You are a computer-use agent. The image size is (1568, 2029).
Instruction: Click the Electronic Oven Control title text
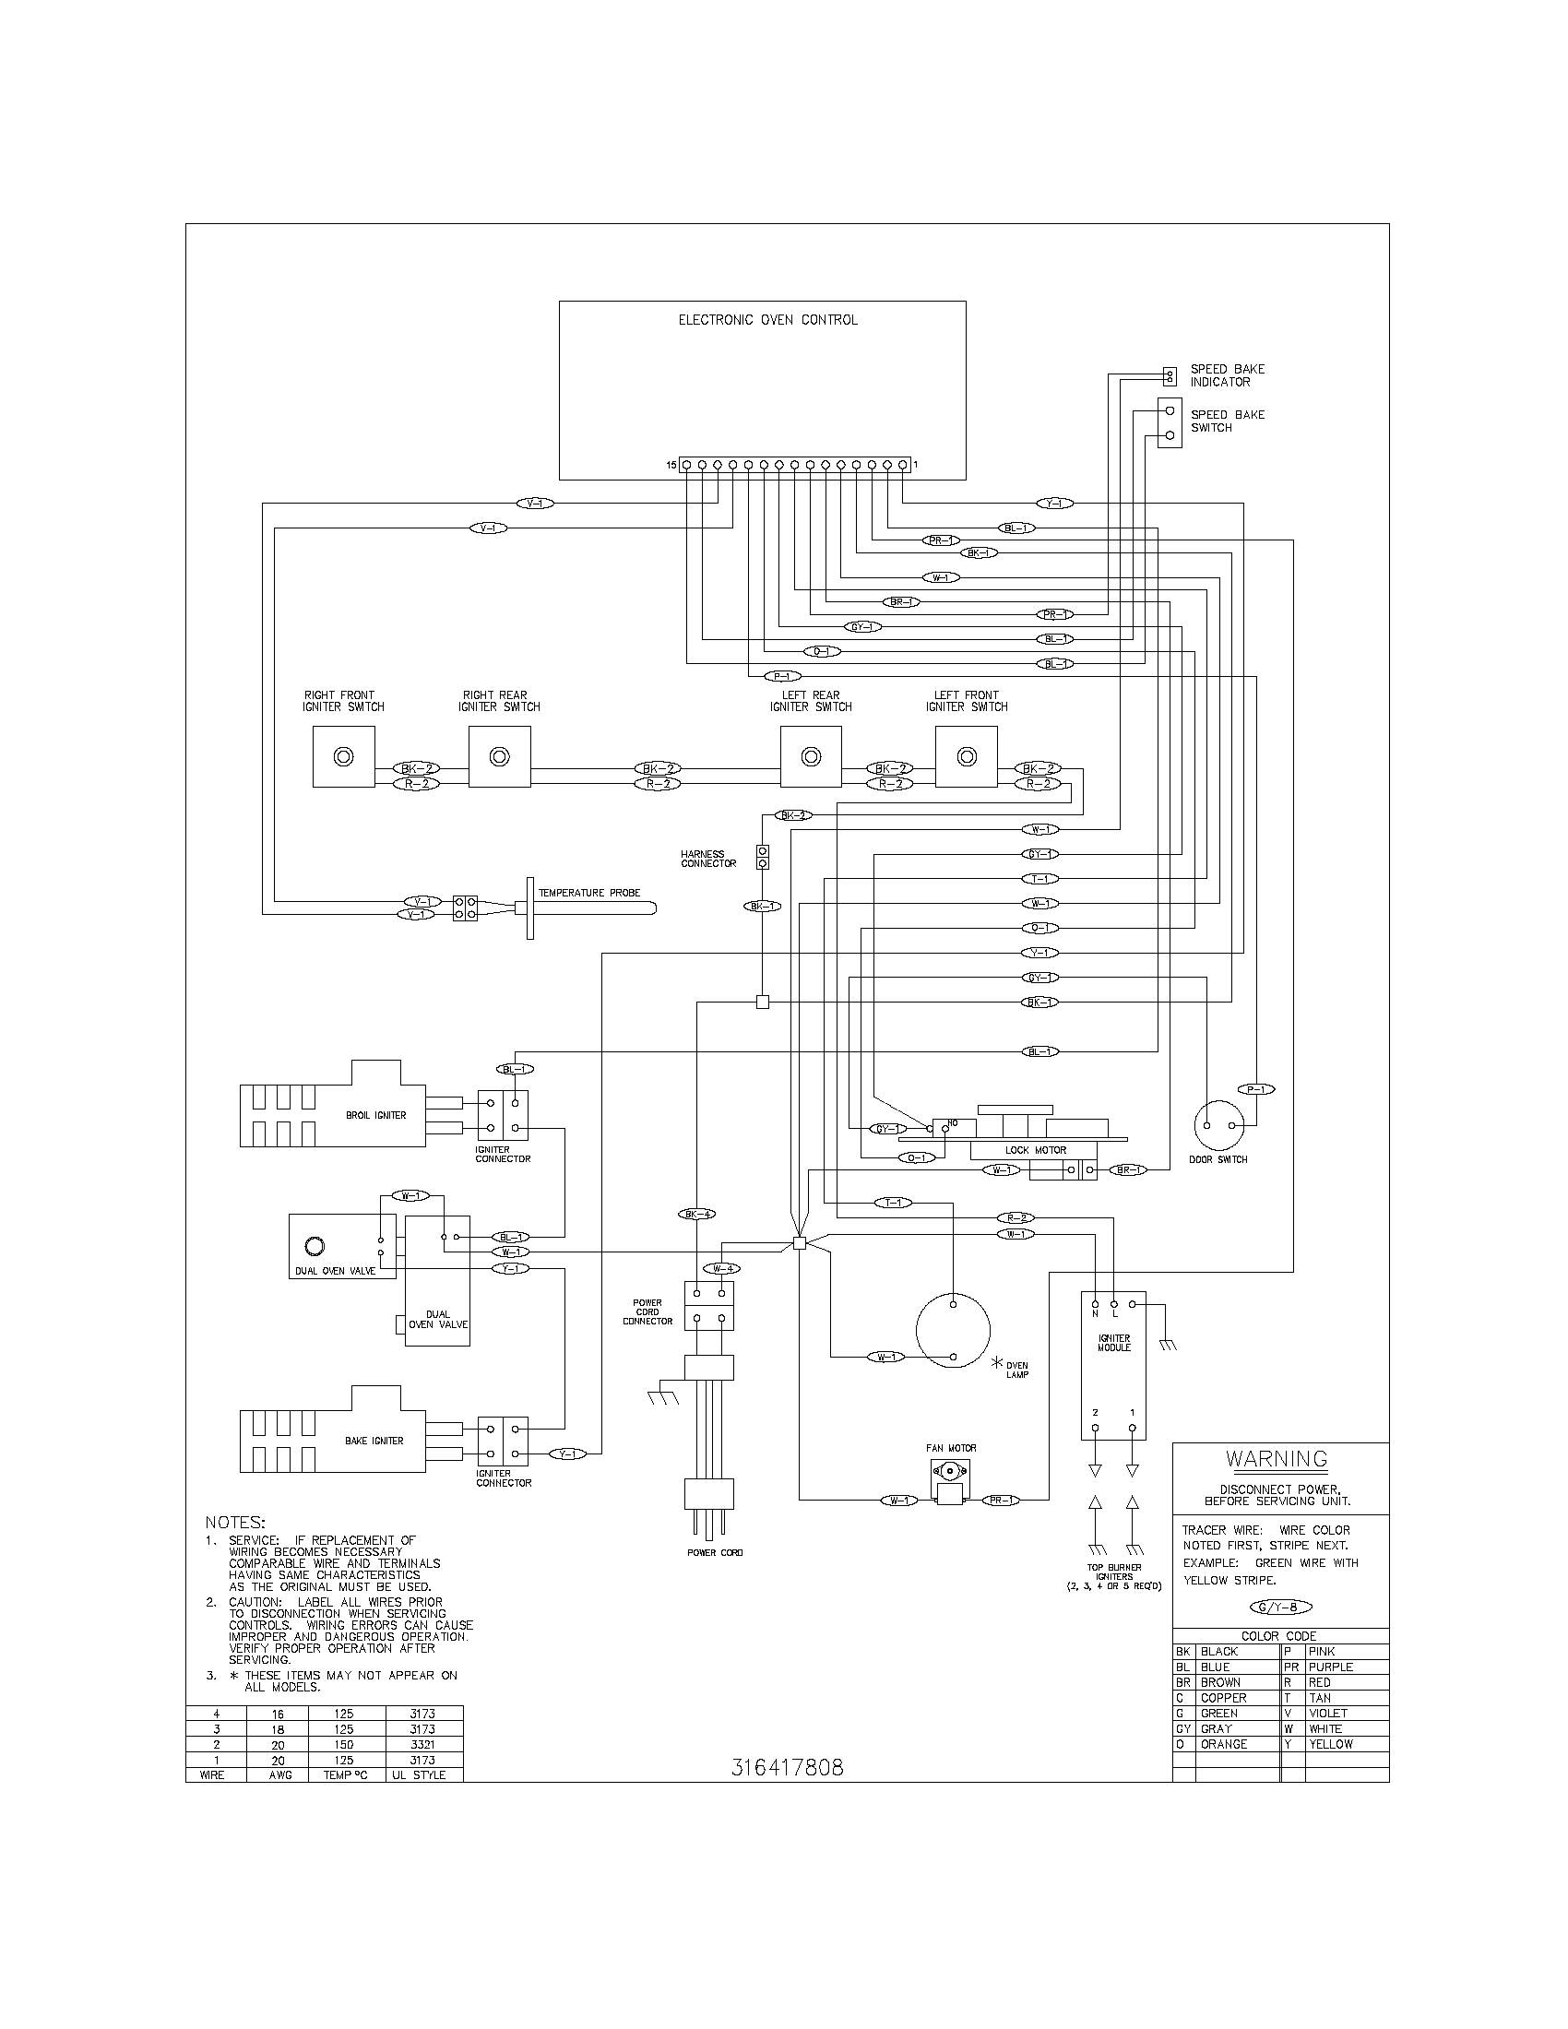click(767, 320)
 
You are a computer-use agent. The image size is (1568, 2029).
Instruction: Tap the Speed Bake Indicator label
click(1227, 375)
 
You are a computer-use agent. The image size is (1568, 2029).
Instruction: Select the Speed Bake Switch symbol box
click(1170, 422)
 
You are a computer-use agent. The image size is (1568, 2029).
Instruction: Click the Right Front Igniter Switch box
click(344, 756)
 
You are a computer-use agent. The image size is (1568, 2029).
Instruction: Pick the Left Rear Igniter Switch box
click(811, 756)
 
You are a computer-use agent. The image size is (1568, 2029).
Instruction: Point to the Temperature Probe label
click(589, 893)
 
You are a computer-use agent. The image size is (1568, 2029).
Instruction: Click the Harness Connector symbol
click(763, 857)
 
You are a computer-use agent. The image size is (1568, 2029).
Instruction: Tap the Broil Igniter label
click(375, 1115)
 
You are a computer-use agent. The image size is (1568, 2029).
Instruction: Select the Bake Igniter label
click(374, 1441)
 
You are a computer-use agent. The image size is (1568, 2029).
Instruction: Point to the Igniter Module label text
click(1113, 1344)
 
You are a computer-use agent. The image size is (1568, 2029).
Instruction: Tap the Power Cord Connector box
click(708, 1305)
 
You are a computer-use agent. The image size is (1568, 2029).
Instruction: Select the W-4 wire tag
click(722, 1268)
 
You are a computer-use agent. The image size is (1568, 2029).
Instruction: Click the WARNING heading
click(1277, 1460)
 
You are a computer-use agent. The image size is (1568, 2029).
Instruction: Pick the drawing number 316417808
click(787, 1768)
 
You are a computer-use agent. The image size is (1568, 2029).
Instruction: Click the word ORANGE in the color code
click(1223, 1744)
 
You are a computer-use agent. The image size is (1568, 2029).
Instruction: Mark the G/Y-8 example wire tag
click(1280, 1608)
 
